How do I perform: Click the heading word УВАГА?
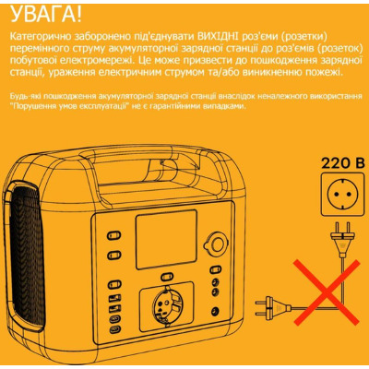pyautogui.click(x=46, y=16)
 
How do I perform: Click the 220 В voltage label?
pyautogui.click(x=343, y=163)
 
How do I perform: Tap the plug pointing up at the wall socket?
pyautogui.click(x=343, y=239)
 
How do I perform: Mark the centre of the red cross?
pyautogui.click(x=327, y=292)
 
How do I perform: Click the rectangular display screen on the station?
pyautogui.click(x=166, y=240)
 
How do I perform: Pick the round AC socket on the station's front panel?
pyautogui.click(x=167, y=305)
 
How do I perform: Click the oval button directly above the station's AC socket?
pyautogui.click(x=167, y=277)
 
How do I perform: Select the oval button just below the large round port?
pyautogui.click(x=216, y=269)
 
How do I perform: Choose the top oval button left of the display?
pyautogui.click(x=114, y=236)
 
